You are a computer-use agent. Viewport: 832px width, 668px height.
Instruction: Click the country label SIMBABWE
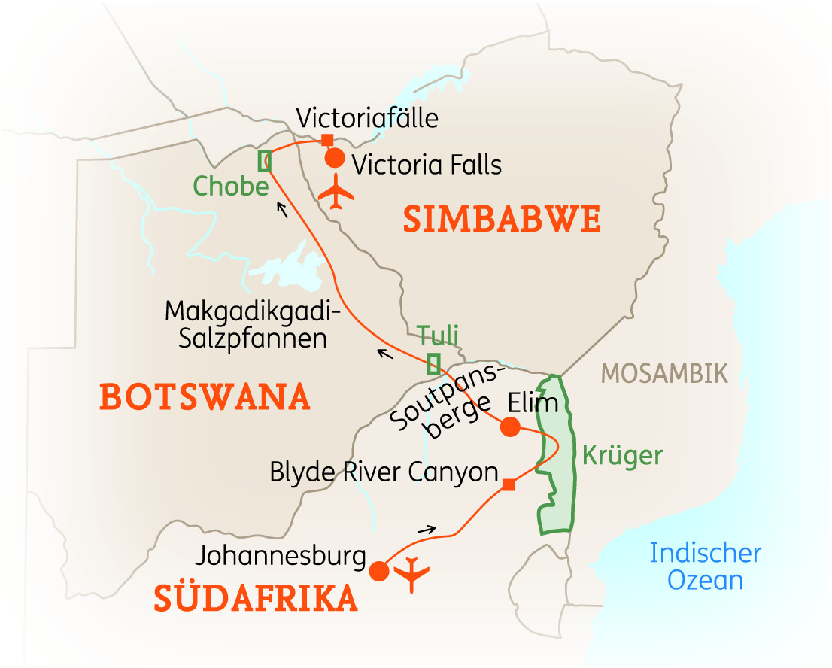tap(502, 220)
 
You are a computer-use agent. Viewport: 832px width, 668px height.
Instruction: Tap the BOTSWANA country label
tap(205, 396)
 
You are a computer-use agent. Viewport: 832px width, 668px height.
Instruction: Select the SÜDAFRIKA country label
tap(256, 598)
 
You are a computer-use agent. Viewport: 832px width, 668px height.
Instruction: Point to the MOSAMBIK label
tap(665, 373)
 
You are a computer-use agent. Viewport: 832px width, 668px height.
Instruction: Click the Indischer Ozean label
tap(705, 566)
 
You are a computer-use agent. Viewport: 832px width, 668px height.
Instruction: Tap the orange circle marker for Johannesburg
tap(379, 572)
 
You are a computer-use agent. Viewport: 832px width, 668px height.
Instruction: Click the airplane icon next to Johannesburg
tap(411, 575)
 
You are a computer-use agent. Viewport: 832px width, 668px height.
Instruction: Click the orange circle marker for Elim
tap(510, 427)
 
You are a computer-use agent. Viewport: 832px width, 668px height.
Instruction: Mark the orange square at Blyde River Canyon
tap(509, 484)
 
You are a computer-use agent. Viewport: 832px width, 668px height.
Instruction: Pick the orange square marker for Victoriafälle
tap(326, 140)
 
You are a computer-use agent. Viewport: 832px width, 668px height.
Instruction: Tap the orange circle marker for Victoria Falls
tap(334, 159)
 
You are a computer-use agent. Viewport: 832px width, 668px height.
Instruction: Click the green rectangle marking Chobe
tap(265, 161)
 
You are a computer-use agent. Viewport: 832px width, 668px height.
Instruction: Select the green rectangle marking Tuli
tap(433, 364)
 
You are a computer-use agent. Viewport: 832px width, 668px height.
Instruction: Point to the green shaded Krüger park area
tap(557, 466)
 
